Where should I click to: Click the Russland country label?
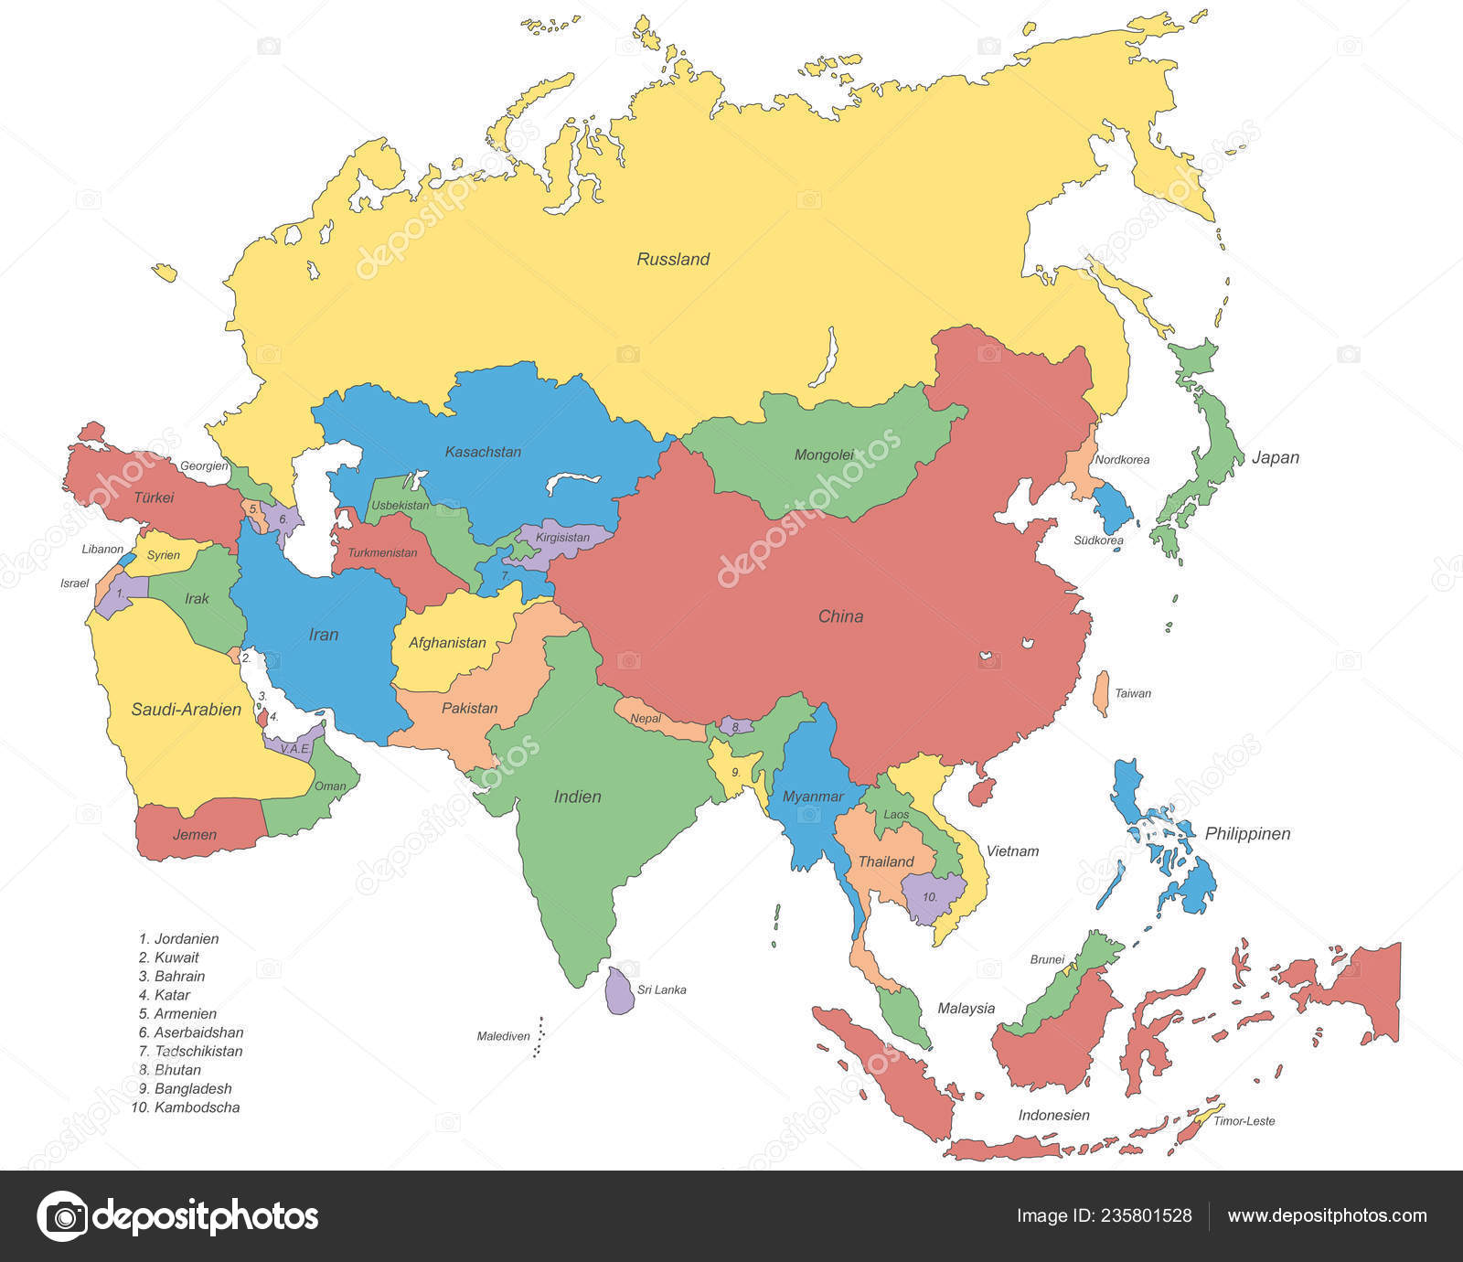tap(673, 260)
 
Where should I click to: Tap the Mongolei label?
tap(824, 455)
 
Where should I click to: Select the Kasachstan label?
tap(483, 452)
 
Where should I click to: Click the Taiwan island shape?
tap(1102, 693)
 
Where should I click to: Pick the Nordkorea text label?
tap(1122, 460)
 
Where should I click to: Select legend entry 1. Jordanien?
tap(179, 939)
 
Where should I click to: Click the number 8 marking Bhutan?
tap(735, 727)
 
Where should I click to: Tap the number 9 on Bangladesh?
tap(735, 772)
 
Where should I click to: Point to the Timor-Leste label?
tap(1244, 1121)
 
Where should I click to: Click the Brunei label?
tap(1047, 959)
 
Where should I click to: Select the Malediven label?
tap(503, 1036)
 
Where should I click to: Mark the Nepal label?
tap(646, 719)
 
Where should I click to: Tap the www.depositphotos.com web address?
tap(1327, 1215)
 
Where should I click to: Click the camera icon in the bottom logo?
tap(62, 1216)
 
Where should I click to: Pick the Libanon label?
tap(102, 550)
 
